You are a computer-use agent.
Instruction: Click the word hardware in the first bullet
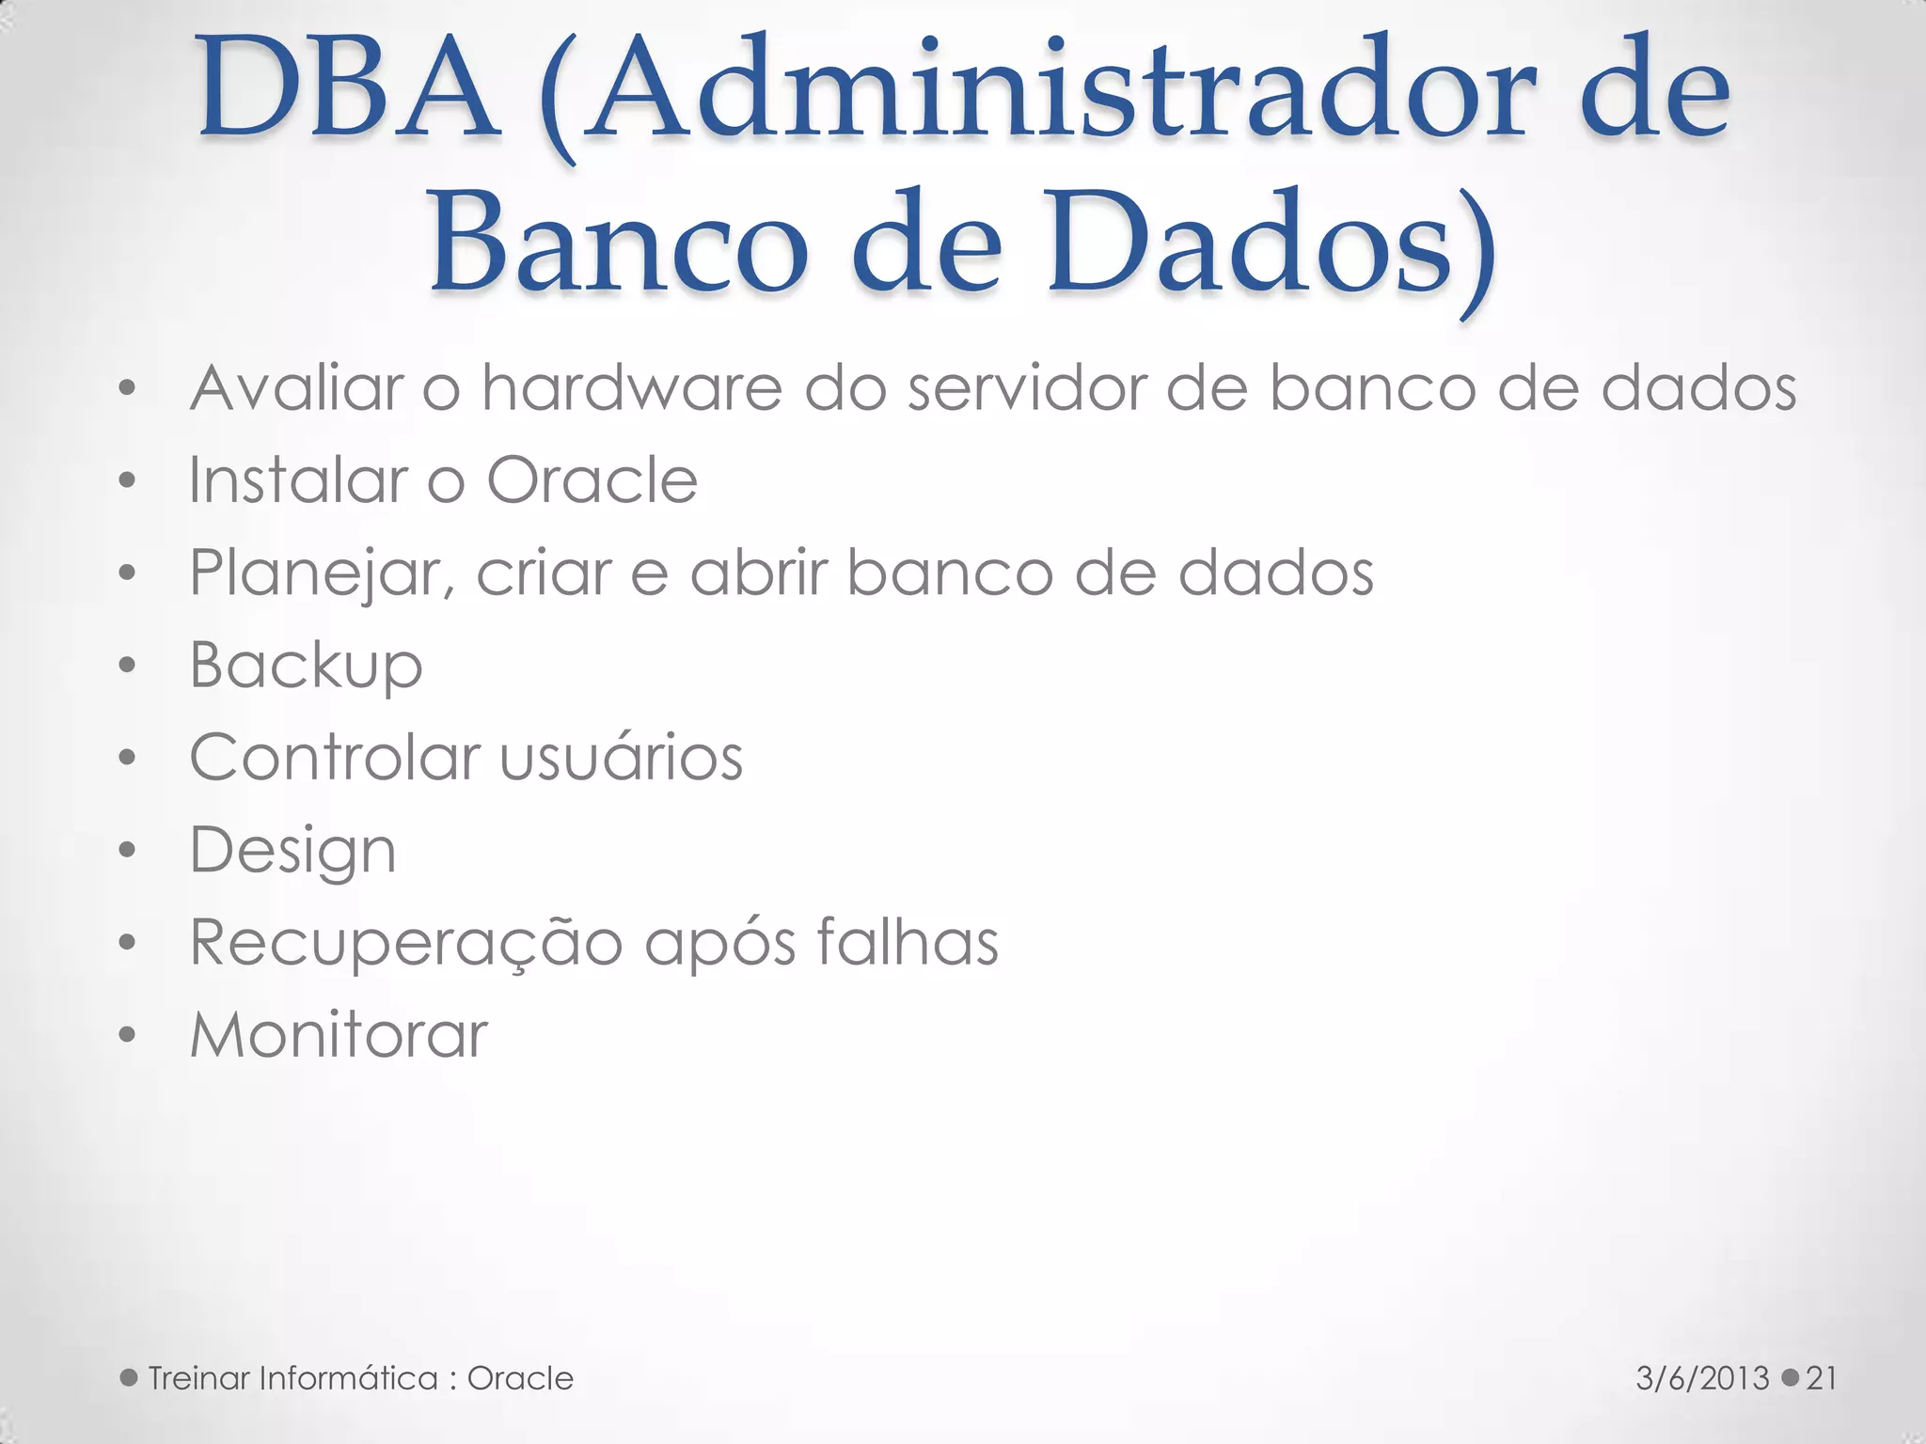[x=631, y=387]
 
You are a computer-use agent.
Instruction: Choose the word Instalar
[x=297, y=479]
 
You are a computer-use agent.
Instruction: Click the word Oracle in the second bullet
[x=592, y=479]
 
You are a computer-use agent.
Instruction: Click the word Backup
[x=306, y=666]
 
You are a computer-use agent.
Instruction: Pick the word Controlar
[x=335, y=757]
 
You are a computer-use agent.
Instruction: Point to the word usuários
[x=622, y=757]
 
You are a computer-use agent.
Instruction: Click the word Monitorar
[x=339, y=1034]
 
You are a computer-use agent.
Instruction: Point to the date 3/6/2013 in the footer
[x=1702, y=1378]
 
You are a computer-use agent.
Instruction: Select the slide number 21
[x=1822, y=1378]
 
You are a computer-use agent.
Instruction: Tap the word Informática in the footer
[x=348, y=1378]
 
